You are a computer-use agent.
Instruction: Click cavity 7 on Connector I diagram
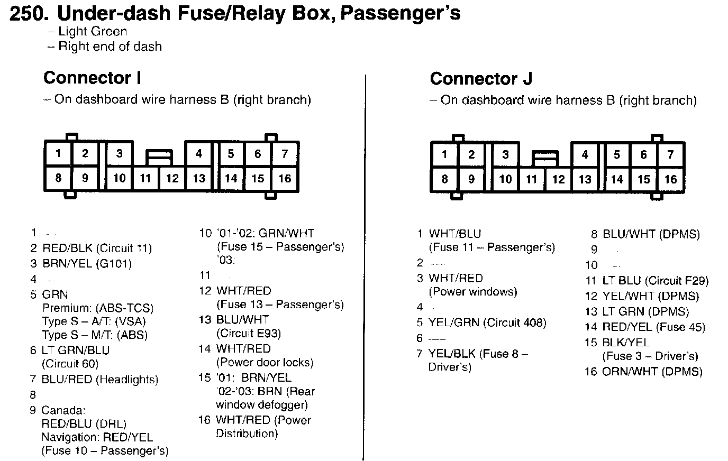tap(285, 154)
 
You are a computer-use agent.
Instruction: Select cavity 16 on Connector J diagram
tap(670, 179)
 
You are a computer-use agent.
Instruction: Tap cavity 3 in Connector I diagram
tap(120, 154)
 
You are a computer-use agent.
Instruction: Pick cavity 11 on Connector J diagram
tap(532, 179)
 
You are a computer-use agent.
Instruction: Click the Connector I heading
tap(92, 78)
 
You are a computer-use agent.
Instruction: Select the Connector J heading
tap(481, 79)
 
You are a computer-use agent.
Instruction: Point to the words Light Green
tap(93, 32)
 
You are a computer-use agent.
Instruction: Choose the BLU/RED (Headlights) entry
tap(100, 380)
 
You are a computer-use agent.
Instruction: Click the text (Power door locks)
tap(265, 363)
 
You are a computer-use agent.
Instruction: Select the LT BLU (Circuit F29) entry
tap(655, 281)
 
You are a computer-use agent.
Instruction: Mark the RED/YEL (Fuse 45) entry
tap(654, 327)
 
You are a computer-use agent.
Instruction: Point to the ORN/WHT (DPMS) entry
tap(652, 372)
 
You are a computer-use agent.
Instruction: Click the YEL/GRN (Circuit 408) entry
tap(487, 322)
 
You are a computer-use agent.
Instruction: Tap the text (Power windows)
tap(472, 292)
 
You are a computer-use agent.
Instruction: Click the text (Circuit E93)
tap(248, 334)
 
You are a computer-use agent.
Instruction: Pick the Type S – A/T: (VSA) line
tap(94, 321)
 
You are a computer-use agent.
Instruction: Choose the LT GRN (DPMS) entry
tap(645, 312)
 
